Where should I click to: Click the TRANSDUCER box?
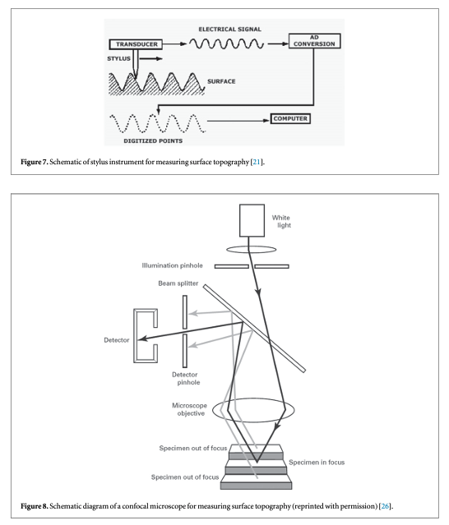[136, 44]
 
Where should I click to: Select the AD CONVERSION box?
[314, 41]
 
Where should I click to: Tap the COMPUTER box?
[290, 118]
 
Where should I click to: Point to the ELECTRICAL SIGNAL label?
[230, 29]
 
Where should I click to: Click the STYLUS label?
[118, 58]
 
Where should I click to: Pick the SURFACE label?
[221, 81]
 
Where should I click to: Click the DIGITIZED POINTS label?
[153, 141]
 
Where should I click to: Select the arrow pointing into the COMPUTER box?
[238, 121]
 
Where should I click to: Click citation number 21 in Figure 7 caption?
[257, 162]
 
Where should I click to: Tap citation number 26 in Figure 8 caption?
[385, 506]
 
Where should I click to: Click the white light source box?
[252, 221]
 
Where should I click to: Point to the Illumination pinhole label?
[172, 265]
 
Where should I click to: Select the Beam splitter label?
[178, 283]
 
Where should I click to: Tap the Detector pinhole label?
[186, 379]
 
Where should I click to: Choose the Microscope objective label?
[190, 409]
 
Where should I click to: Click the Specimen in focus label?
[317, 463]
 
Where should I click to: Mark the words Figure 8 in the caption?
[35, 506]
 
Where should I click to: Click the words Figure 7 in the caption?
[35, 162]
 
